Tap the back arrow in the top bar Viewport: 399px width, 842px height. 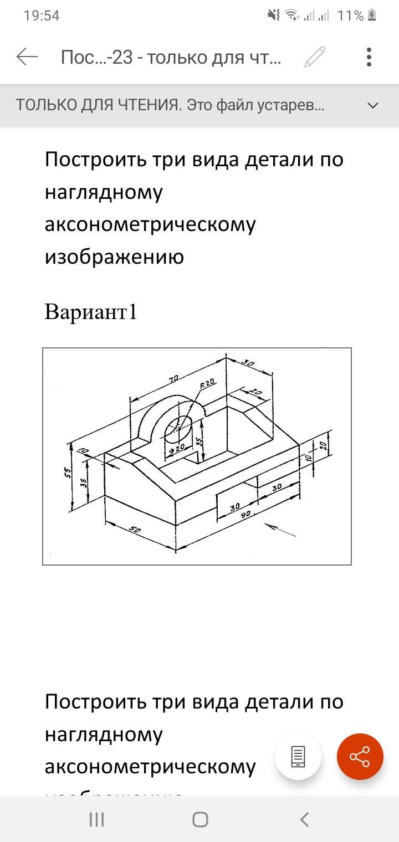tap(27, 57)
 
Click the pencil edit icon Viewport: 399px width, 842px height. tap(315, 57)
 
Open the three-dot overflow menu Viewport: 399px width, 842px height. tap(369, 57)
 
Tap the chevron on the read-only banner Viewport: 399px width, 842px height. tap(373, 105)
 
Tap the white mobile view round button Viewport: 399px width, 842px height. tap(298, 757)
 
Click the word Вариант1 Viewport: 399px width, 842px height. tap(90, 312)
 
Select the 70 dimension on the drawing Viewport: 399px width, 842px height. tap(173, 379)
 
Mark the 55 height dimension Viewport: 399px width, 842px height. tap(68, 473)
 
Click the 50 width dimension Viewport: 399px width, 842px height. tap(135, 530)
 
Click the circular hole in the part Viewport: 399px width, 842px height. tap(178, 430)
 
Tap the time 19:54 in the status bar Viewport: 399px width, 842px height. tap(42, 16)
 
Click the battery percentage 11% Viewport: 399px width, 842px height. tap(350, 16)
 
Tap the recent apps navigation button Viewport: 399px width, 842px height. tap(96, 819)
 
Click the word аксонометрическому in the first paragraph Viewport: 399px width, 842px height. tap(150, 224)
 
